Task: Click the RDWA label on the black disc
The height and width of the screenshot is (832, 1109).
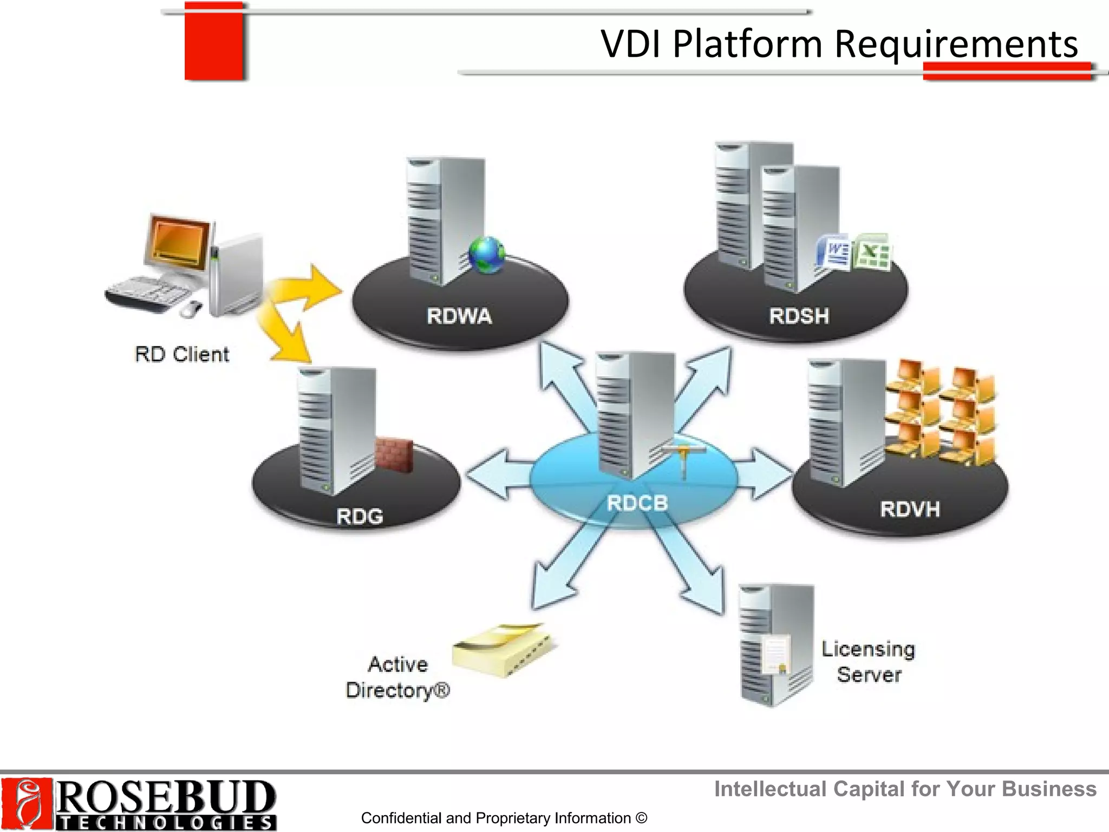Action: pyautogui.click(x=459, y=316)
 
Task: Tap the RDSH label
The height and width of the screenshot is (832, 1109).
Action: pyautogui.click(x=799, y=316)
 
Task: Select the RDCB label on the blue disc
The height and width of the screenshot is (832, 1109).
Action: pyautogui.click(x=637, y=503)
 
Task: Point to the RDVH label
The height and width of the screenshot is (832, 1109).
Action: pyautogui.click(x=910, y=509)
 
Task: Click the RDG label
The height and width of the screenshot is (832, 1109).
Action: pyautogui.click(x=360, y=516)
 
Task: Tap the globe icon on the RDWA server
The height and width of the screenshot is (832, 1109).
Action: pyautogui.click(x=487, y=254)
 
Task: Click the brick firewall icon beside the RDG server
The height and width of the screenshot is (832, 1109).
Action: pyautogui.click(x=394, y=453)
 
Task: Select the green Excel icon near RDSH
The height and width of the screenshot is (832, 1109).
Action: pyautogui.click(x=871, y=251)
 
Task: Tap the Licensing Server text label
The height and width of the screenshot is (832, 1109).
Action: pyautogui.click(x=868, y=661)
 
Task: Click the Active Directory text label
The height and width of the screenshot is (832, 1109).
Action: pyautogui.click(x=398, y=677)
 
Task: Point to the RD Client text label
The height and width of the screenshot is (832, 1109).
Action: pyautogui.click(x=182, y=354)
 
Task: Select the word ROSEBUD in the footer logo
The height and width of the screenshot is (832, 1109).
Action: pyautogui.click(x=165, y=796)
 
